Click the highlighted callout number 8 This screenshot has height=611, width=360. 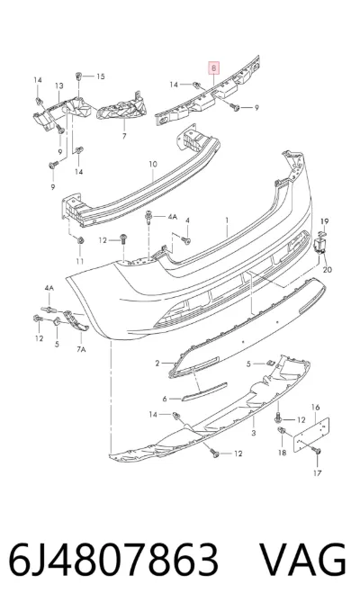click(214, 68)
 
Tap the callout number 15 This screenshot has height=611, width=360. click(101, 76)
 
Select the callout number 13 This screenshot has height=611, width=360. click(58, 85)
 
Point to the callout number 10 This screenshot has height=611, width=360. click(153, 164)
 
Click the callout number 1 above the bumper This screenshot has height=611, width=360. click(227, 220)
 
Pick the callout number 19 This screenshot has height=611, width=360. click(325, 221)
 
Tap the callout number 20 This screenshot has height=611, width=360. click(328, 269)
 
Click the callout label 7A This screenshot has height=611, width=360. click(81, 349)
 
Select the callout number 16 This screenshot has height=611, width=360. click(315, 408)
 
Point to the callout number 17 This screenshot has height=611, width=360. click(318, 473)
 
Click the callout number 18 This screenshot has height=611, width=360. click(282, 453)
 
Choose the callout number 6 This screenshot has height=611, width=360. click(165, 399)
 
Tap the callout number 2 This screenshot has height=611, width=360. click(157, 364)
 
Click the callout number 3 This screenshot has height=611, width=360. click(254, 433)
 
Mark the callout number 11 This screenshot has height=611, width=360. click(80, 261)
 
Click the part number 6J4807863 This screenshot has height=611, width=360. click(113, 560)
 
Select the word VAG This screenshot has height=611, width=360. click(302, 560)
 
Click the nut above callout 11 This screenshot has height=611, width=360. click(80, 240)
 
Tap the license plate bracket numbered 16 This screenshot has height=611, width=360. click(311, 435)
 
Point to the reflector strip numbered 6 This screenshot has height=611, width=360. click(204, 391)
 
